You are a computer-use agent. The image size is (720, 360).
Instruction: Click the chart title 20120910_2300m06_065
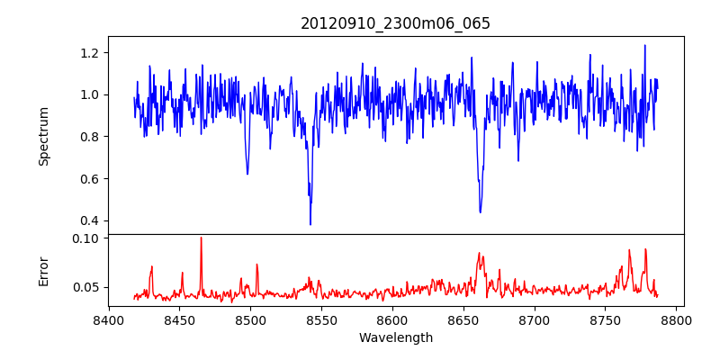coord(395,24)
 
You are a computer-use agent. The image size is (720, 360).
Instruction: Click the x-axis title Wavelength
coord(395,338)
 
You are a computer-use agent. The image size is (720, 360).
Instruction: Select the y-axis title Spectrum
coord(44,136)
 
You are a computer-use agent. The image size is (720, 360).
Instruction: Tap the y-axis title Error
coord(44,271)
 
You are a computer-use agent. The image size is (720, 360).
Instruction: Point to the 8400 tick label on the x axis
coord(109,319)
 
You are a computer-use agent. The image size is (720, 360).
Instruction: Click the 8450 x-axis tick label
coord(179,319)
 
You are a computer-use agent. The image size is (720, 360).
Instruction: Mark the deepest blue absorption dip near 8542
coord(310,224)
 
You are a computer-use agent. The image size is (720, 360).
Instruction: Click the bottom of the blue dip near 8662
coord(481,212)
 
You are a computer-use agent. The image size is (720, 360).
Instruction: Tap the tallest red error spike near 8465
coord(201,238)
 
